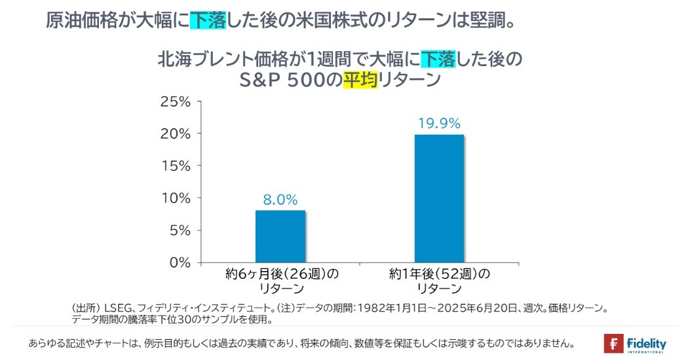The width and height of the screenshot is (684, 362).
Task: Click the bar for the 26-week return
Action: coord(280,236)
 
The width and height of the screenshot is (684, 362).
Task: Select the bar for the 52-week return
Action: coord(439,198)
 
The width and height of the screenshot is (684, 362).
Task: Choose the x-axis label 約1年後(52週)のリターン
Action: coord(439,281)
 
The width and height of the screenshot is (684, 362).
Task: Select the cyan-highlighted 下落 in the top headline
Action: coord(207,20)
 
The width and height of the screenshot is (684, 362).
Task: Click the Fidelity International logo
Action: coord(635,344)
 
